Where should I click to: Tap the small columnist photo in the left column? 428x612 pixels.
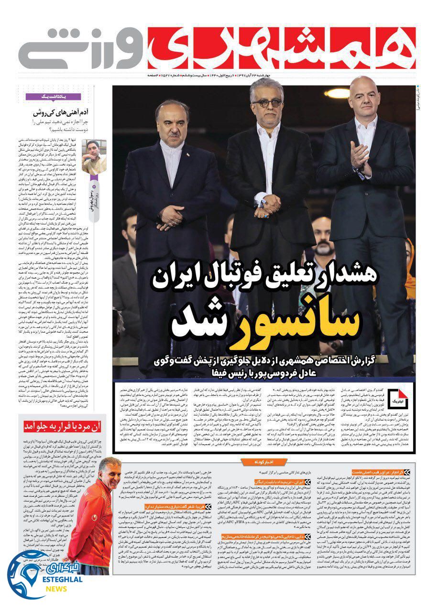(94, 156)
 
